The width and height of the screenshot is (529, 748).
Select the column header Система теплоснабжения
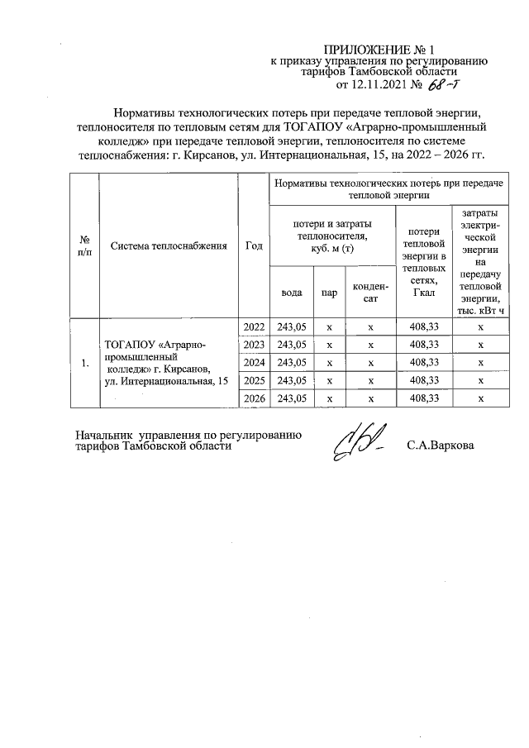(x=169, y=245)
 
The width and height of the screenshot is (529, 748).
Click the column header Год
(x=254, y=245)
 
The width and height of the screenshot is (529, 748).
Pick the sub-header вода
(x=291, y=292)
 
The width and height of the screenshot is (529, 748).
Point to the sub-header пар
(x=329, y=292)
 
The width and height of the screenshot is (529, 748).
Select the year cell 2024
(x=254, y=362)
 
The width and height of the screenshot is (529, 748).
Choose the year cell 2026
(x=254, y=398)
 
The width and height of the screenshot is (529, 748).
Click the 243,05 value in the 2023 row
(x=292, y=345)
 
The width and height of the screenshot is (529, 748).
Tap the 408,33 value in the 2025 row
(x=423, y=380)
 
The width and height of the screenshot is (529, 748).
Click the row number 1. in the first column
(x=84, y=363)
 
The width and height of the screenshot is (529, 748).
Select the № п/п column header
(x=84, y=245)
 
